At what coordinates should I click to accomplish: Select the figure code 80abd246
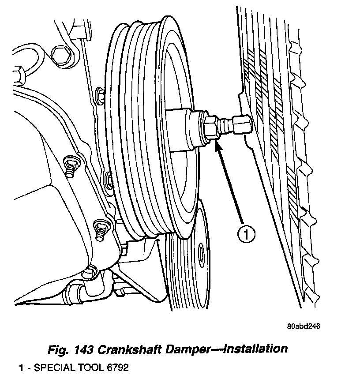point(303,326)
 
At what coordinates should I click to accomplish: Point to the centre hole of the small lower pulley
point(202,255)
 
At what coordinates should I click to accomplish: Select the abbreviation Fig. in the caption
point(58,349)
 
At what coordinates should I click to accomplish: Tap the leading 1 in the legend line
point(21,367)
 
